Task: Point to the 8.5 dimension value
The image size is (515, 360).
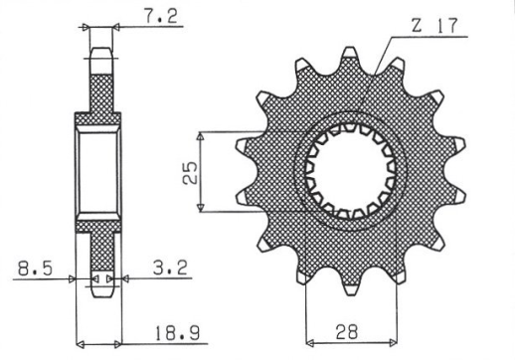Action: pyautogui.click(x=30, y=266)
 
